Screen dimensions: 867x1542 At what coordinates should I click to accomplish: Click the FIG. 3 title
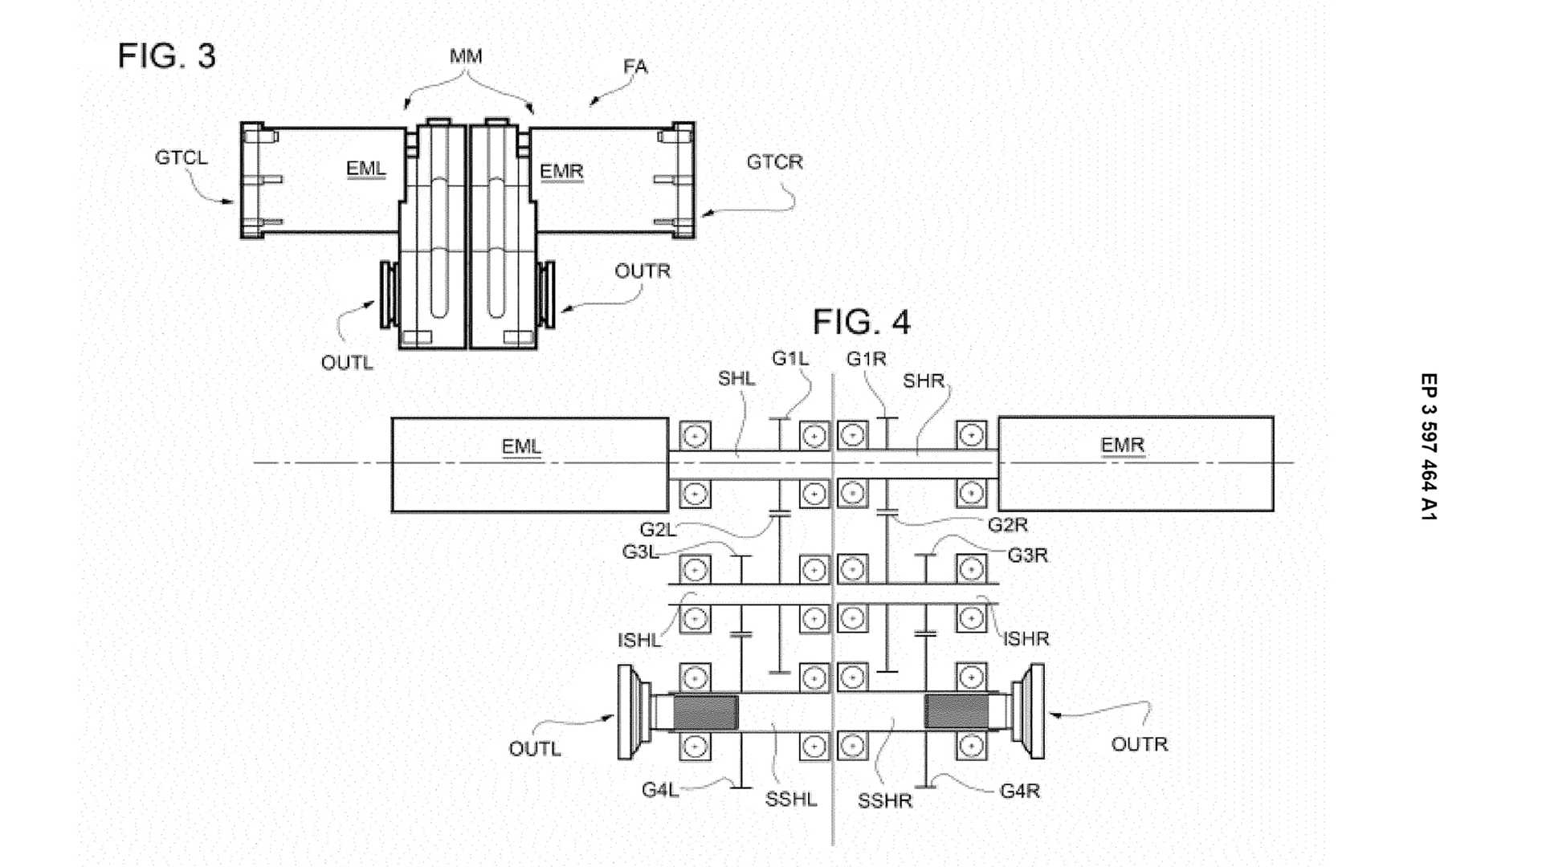166,56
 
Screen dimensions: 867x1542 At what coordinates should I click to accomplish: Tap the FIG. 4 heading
861,322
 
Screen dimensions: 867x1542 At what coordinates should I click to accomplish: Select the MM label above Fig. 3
466,56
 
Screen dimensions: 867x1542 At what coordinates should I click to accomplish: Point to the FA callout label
635,67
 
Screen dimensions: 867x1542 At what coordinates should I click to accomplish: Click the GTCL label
181,157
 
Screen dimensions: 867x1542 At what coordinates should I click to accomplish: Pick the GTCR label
774,162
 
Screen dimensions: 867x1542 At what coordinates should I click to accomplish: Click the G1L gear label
790,359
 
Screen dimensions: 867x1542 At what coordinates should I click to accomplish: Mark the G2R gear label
1007,525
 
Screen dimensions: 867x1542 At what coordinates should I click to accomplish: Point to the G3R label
1027,555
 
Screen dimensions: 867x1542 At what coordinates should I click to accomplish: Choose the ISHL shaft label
638,641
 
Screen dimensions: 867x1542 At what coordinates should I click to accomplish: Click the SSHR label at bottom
884,801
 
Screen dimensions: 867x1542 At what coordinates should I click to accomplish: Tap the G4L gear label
659,790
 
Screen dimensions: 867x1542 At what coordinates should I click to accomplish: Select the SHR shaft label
923,381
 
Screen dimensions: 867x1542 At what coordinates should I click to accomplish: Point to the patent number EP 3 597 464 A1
1428,446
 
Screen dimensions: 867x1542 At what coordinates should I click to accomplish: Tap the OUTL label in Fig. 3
347,363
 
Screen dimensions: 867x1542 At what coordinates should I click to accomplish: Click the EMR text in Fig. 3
561,172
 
